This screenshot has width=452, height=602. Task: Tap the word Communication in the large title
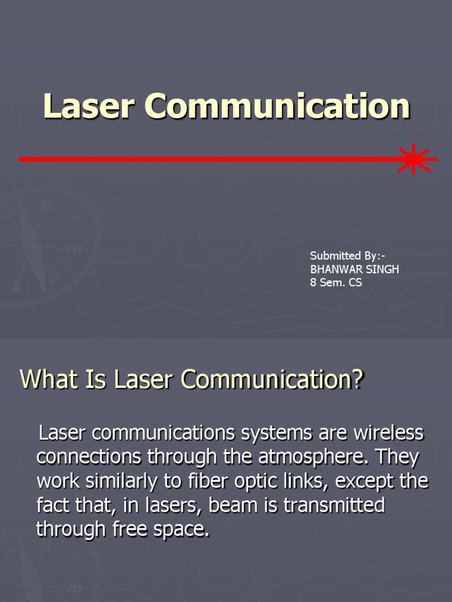click(x=277, y=106)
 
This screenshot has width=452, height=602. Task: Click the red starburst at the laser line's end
click(x=414, y=159)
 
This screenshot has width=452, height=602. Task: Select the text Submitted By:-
click(x=348, y=256)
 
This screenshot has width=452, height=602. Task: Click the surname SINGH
click(x=383, y=269)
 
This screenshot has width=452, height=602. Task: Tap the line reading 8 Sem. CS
click(x=336, y=283)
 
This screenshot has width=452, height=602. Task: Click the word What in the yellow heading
click(x=43, y=379)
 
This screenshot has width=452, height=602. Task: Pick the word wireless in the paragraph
click(x=388, y=434)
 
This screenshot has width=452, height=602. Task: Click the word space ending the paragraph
click(x=182, y=529)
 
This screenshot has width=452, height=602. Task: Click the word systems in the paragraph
click(x=277, y=434)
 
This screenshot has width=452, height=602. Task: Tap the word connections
click(x=89, y=457)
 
